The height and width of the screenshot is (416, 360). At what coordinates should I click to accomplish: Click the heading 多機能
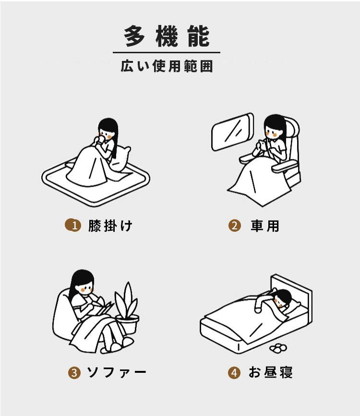(167, 36)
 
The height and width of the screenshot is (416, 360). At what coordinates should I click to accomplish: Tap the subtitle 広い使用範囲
(167, 66)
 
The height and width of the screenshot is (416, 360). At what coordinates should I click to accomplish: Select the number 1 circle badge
(73, 225)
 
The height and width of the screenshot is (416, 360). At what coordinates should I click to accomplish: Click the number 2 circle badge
(235, 226)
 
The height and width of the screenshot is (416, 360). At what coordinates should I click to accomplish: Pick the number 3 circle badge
(74, 372)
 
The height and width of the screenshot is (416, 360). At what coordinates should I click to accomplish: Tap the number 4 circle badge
(234, 372)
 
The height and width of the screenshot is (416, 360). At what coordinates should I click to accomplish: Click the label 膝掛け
(110, 226)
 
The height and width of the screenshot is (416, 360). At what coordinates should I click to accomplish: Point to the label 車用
(265, 226)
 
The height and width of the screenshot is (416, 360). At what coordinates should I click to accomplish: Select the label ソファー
(117, 372)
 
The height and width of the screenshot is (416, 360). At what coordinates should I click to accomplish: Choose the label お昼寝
(271, 372)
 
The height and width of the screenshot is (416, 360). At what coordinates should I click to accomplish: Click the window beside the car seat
(232, 132)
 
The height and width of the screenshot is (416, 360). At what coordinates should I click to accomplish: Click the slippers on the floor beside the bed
(278, 348)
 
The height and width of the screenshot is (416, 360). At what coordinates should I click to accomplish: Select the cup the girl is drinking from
(100, 140)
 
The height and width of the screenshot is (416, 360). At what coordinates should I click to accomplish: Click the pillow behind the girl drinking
(120, 159)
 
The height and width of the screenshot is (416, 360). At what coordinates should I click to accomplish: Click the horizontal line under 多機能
(167, 52)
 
